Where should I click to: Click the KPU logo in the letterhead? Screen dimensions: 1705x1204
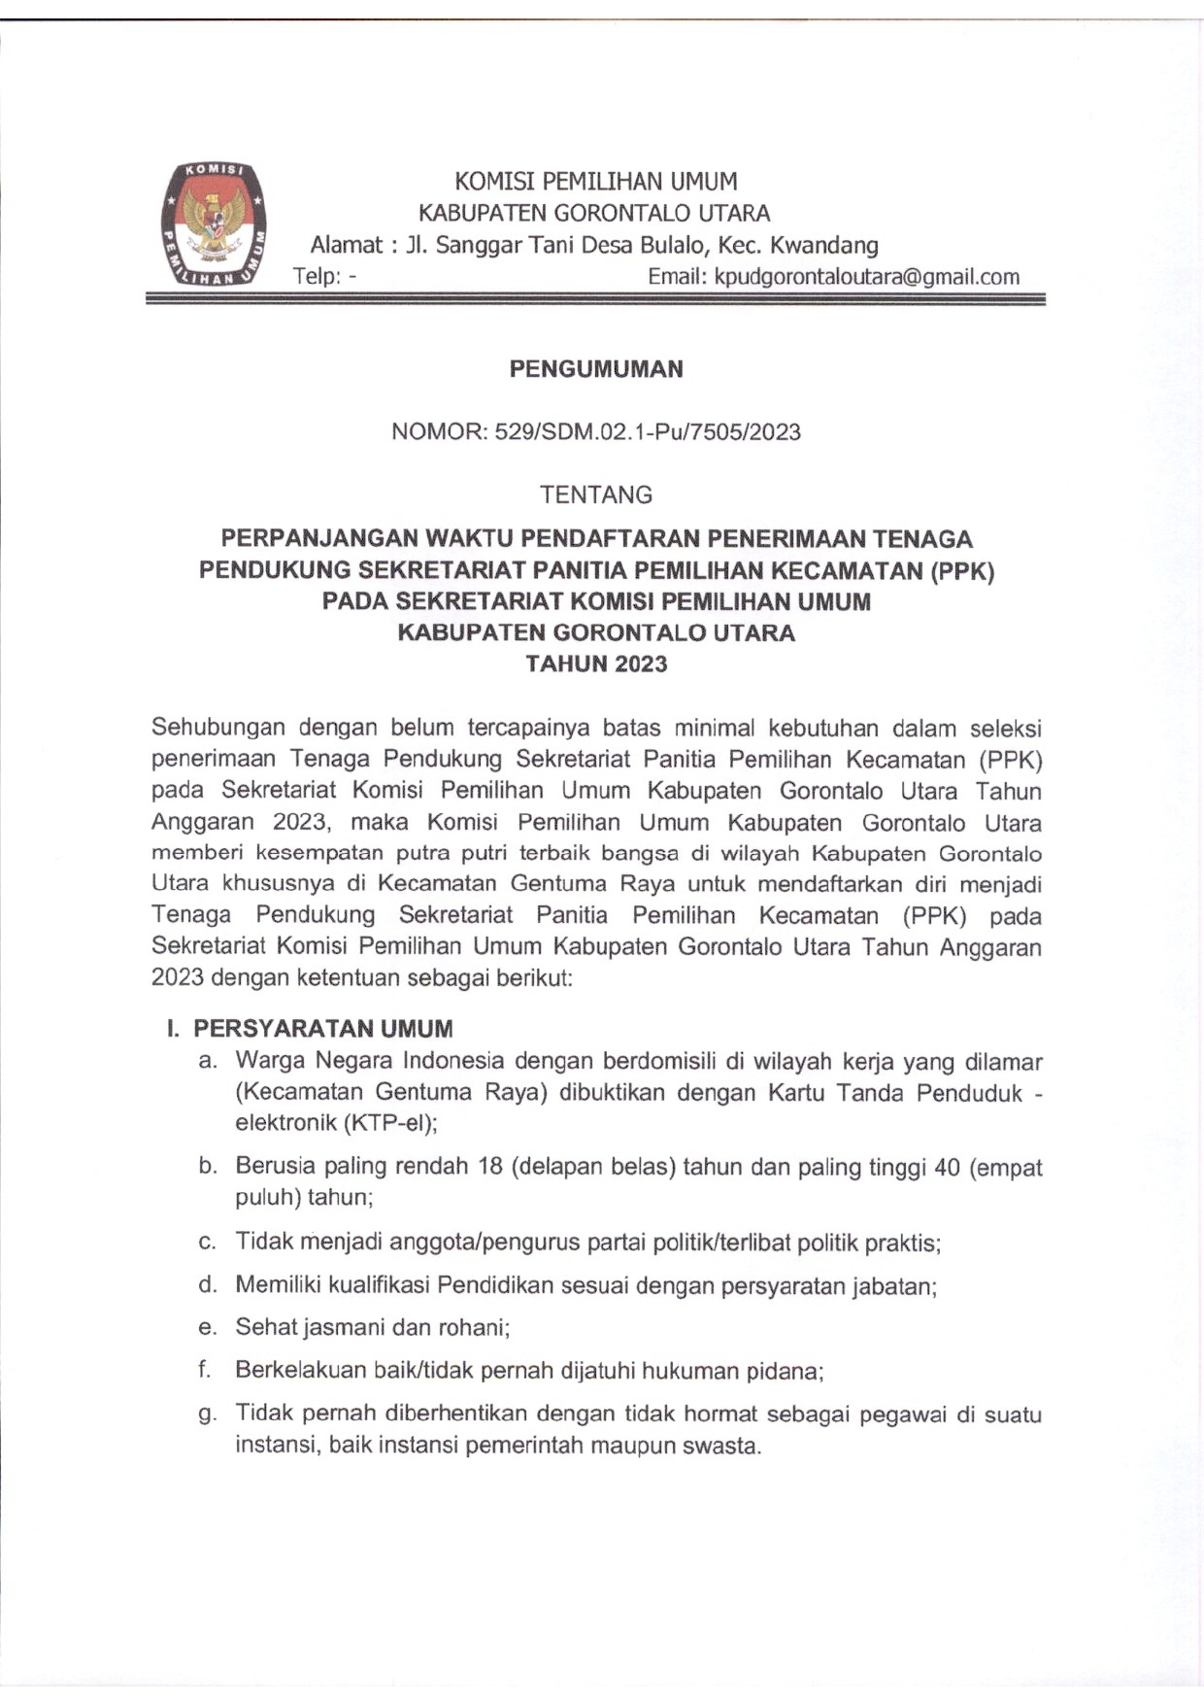pyautogui.click(x=214, y=224)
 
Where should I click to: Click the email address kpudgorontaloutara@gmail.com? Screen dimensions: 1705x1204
pyautogui.click(x=866, y=277)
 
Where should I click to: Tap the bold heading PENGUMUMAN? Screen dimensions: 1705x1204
pyautogui.click(x=596, y=369)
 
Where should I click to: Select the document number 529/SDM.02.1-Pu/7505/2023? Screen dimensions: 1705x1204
pyautogui.click(x=648, y=432)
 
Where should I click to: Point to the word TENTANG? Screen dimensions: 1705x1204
pyautogui.click(x=596, y=494)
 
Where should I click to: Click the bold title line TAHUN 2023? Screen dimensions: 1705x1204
pyautogui.click(x=596, y=665)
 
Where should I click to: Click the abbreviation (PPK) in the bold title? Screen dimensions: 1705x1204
pyautogui.click(x=961, y=570)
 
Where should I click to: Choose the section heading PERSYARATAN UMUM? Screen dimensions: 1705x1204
pyautogui.click(x=322, y=1029)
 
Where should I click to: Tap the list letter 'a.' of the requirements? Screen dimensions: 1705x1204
pyautogui.click(x=207, y=1061)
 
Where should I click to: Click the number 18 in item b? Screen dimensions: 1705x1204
pyautogui.click(x=489, y=1166)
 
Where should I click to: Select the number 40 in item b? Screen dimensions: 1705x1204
pyautogui.click(x=946, y=1167)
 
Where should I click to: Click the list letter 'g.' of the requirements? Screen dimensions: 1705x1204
pyautogui.click(x=207, y=1415)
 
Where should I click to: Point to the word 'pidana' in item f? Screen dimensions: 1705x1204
pyautogui.click(x=784, y=1372)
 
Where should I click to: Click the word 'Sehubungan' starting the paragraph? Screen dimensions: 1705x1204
pyautogui.click(x=217, y=728)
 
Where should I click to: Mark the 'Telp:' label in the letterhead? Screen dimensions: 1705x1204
pyautogui.click(x=317, y=277)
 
